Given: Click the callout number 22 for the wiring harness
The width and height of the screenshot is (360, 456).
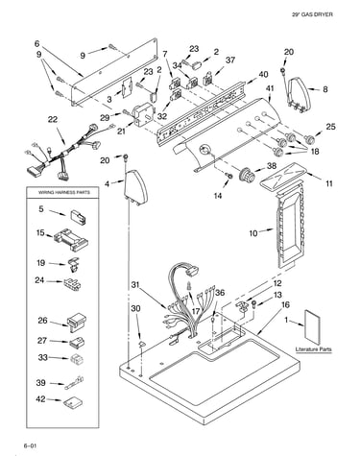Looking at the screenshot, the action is [x=53, y=119].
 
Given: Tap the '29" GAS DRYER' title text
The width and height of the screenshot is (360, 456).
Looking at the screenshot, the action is [x=312, y=14].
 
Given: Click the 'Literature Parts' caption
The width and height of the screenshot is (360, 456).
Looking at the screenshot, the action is [x=314, y=349].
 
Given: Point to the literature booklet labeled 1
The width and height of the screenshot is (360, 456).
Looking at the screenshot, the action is [x=314, y=325].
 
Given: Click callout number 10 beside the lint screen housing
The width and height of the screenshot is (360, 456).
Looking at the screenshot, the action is [x=253, y=233].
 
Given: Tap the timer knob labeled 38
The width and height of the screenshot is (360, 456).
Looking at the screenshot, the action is [x=248, y=174].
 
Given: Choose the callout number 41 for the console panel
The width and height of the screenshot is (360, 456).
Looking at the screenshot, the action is [x=269, y=88].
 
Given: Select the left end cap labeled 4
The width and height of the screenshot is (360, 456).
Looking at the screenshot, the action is [x=135, y=188].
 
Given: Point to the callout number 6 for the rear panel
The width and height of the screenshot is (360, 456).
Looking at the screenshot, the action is [x=37, y=43].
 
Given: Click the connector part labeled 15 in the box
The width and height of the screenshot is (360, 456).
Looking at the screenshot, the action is [x=71, y=240].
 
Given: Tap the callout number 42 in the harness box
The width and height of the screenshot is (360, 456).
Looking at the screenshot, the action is [x=40, y=399].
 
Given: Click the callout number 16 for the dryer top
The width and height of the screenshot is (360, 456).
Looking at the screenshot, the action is [x=285, y=305].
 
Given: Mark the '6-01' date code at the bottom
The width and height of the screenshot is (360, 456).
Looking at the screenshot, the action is [x=28, y=445].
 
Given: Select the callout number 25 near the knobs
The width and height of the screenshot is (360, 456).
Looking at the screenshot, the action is [x=331, y=127].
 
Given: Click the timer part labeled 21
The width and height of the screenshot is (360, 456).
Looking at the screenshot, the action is [x=143, y=113].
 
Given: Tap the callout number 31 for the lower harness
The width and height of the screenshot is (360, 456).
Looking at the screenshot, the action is [x=135, y=284].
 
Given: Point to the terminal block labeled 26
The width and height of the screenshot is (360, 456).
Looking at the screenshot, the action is [x=77, y=322].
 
